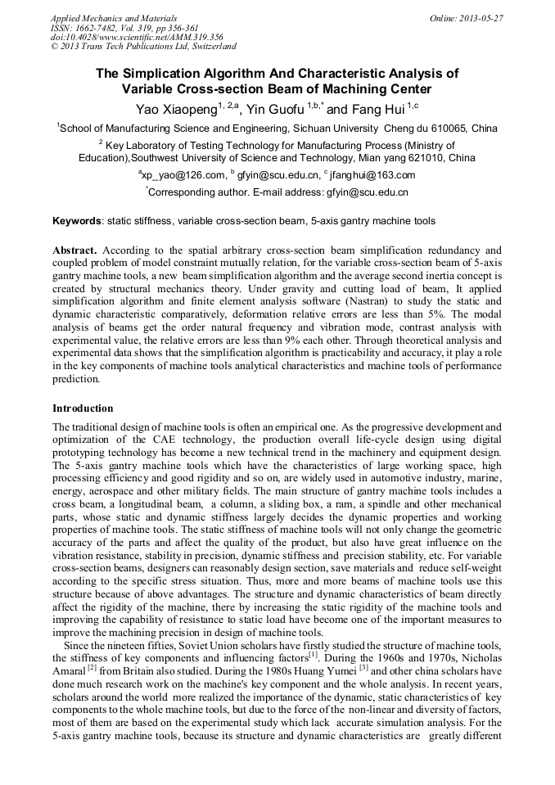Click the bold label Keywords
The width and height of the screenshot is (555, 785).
[x=77, y=221]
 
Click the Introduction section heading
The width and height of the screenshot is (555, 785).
[x=83, y=408]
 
